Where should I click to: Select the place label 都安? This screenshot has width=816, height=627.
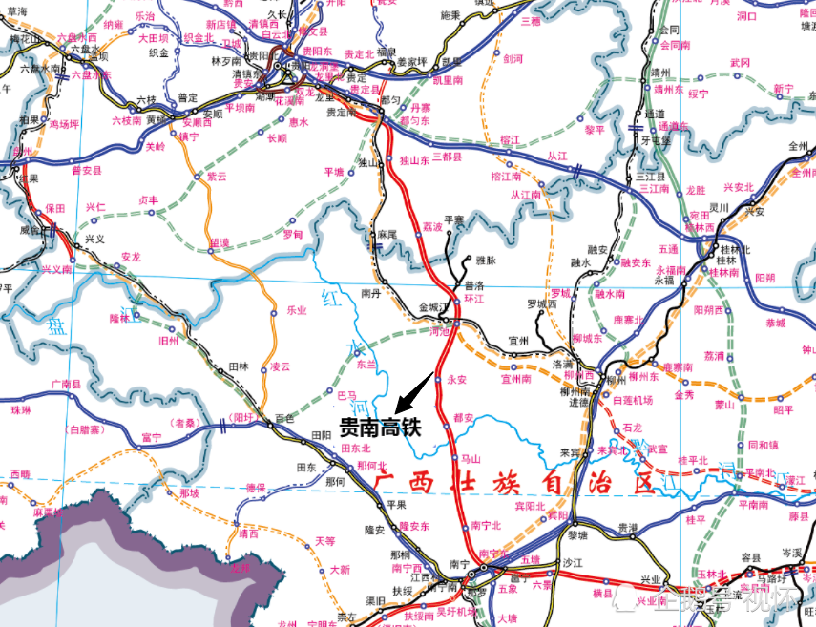pos(464,417)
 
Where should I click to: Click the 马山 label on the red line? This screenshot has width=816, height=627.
pos(471,459)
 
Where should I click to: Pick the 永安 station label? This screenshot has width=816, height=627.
pos(456,379)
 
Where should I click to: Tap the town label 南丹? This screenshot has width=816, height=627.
pos(370,294)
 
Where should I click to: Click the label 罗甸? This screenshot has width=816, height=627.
pos(293,233)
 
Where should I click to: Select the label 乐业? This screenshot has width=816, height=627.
pos(297,309)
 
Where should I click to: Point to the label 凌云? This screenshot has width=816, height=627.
pos(281,366)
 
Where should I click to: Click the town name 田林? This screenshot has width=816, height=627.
pos(239,366)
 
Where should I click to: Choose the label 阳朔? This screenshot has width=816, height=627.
pos(764,277)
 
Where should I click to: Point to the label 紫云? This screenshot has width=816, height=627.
pos(218,177)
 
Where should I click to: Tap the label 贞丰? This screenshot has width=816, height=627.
pos(149,200)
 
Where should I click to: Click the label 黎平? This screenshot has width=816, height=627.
pos(595,129)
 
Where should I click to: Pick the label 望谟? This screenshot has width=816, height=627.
pos(220,242)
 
